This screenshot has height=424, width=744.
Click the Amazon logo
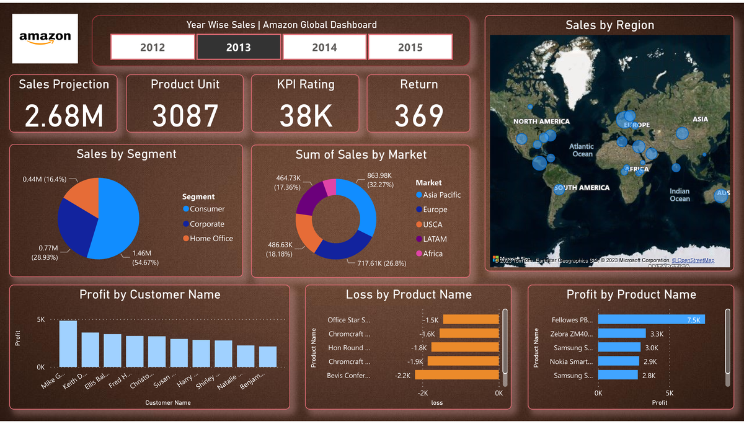click(45, 38)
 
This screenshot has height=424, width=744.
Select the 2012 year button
click(153, 47)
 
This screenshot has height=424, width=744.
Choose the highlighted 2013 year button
click(239, 47)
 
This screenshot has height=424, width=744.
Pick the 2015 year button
click(410, 47)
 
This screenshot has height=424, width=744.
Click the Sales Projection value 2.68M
click(63, 116)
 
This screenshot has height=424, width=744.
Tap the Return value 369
click(418, 116)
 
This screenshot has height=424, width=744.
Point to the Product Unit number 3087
click(185, 116)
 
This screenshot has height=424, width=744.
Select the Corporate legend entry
click(206, 224)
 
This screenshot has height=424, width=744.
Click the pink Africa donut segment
click(330, 187)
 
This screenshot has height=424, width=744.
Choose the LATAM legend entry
click(434, 239)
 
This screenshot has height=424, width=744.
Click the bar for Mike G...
click(68, 343)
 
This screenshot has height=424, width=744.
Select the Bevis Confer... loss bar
click(457, 375)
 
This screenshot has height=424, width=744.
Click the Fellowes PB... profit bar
click(651, 320)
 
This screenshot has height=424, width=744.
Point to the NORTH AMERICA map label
click(541, 121)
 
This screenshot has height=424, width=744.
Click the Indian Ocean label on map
click(680, 195)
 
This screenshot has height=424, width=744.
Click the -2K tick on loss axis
click(423, 393)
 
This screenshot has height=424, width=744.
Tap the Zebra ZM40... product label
click(572, 333)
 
